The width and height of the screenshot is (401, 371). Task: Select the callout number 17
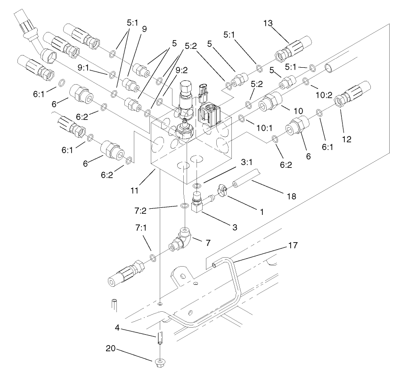[293, 245]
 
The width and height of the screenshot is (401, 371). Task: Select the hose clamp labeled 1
[222, 191]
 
